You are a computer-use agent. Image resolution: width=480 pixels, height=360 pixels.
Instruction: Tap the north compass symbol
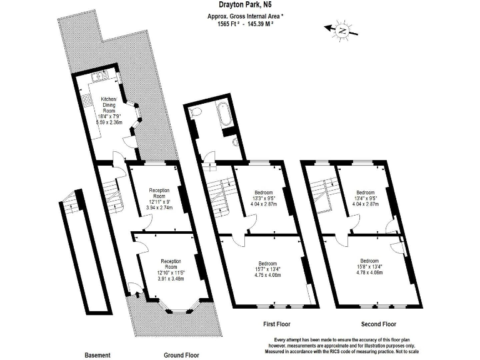(341, 29)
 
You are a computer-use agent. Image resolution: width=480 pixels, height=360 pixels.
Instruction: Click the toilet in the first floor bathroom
(195, 112)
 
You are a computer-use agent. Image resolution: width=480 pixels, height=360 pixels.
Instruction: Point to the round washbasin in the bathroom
(235, 142)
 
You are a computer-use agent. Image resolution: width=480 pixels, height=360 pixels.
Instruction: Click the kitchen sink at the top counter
(99, 77)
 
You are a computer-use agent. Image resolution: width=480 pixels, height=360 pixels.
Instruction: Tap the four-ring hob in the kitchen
(81, 102)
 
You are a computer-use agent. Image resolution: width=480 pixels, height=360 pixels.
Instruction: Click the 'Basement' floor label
(97, 355)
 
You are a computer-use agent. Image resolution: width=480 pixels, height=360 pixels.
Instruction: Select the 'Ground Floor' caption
(181, 355)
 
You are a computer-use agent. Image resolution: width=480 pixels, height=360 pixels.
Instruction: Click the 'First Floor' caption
(275, 324)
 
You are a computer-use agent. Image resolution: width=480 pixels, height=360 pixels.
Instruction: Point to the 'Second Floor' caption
(379, 324)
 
